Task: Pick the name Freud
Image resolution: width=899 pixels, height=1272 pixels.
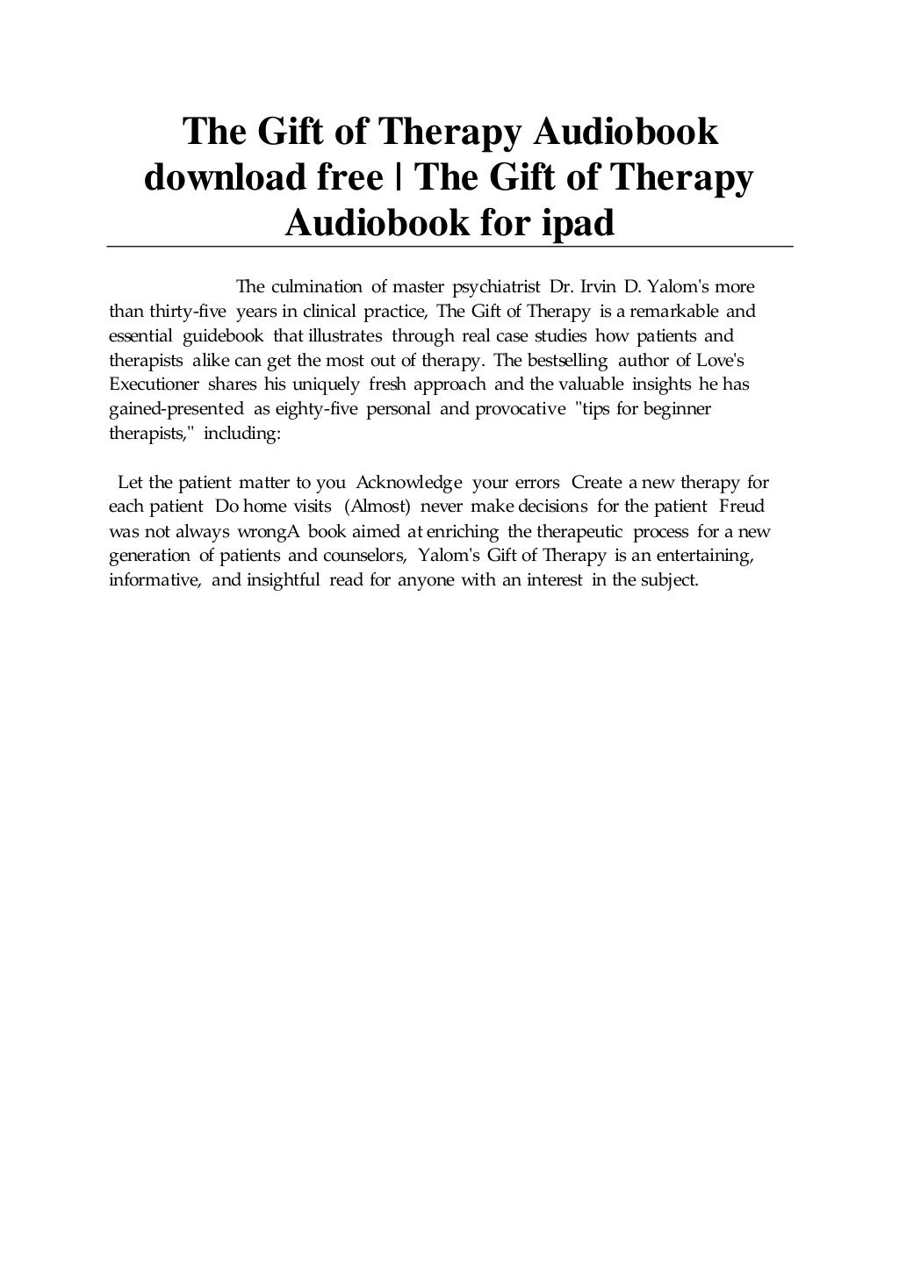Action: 742,507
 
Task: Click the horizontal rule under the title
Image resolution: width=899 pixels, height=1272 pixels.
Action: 449,248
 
